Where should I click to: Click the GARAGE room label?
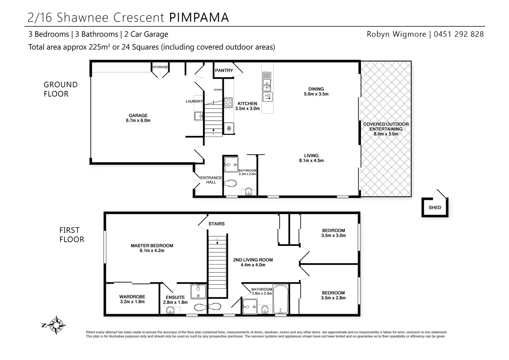tap(138, 118)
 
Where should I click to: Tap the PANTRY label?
tap(224, 70)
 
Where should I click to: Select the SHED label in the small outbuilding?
tap(435, 207)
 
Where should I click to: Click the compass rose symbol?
tap(55, 325)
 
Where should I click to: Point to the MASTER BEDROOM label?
tap(152, 248)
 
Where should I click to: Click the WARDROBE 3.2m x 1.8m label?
tap(132, 299)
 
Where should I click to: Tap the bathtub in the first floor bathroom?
tap(280, 298)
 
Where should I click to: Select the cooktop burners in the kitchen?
tap(228, 102)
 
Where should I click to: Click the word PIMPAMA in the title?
tap(199, 17)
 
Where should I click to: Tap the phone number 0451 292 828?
tap(459, 34)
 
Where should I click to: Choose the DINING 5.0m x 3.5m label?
tap(316, 91)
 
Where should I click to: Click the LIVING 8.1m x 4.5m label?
tap(311, 158)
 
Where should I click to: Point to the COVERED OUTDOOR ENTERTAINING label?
tap(386, 129)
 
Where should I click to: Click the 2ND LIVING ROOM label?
tap(253, 262)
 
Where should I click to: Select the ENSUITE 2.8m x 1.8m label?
tap(175, 299)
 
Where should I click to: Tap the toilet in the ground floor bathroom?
tap(230, 183)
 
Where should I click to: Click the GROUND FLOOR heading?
tap(61, 89)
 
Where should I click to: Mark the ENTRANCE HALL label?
tap(211, 180)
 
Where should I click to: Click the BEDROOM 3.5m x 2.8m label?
tap(333, 295)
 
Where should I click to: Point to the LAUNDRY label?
tap(194, 101)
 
